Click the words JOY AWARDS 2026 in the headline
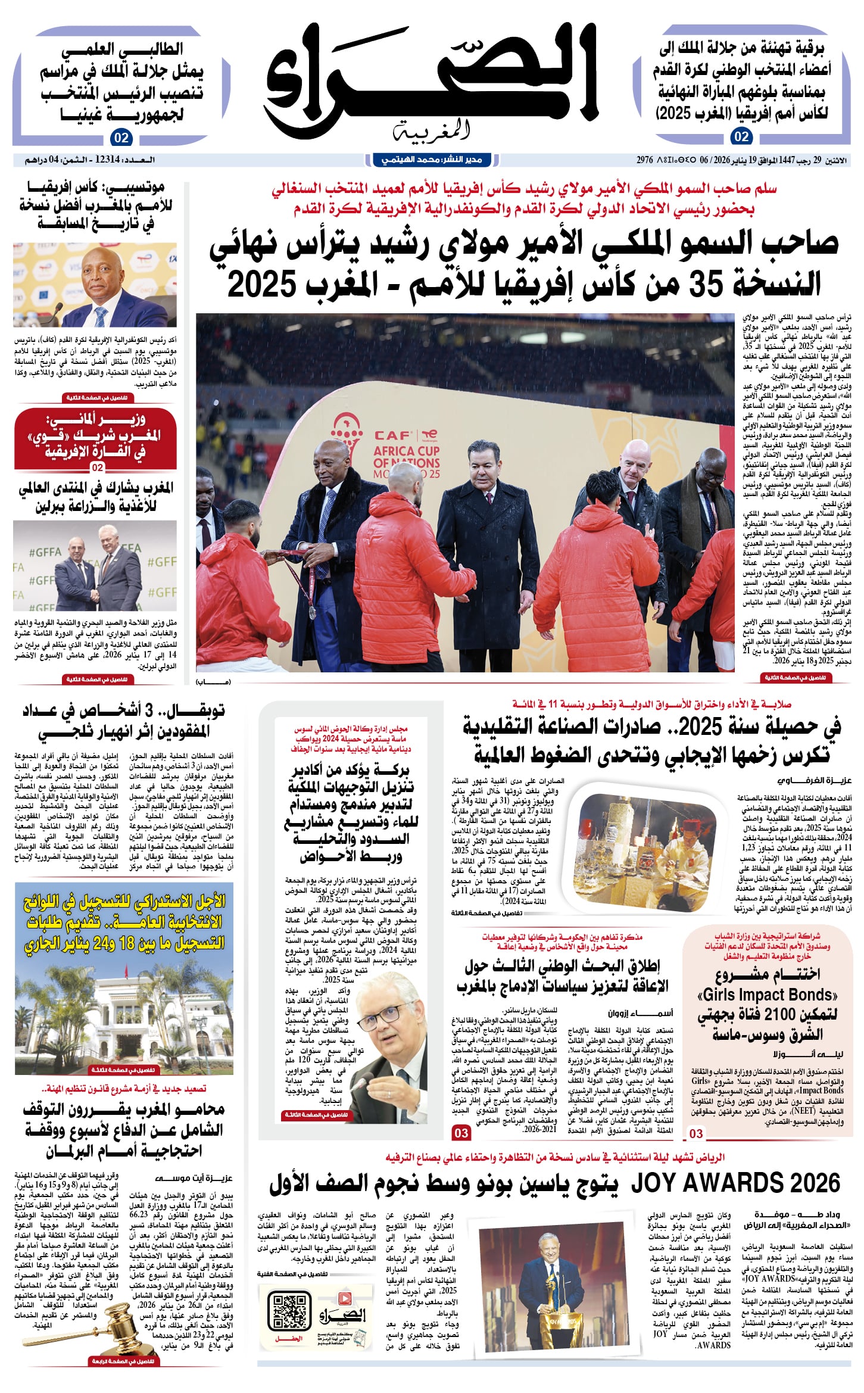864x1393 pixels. click(735, 1183)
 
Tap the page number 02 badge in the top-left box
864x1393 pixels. click(121, 138)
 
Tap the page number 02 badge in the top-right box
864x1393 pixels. click(741, 136)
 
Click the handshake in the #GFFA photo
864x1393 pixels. click(95, 592)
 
